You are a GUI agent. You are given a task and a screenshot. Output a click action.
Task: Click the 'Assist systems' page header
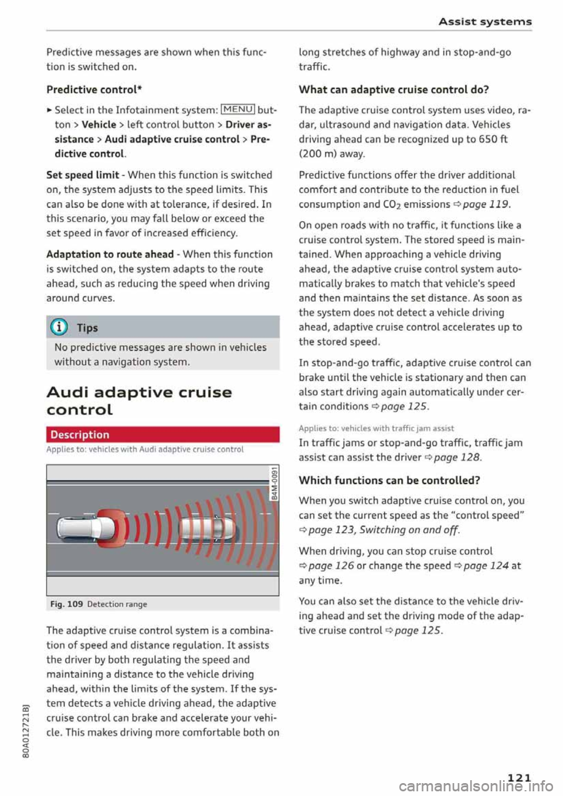coord(485,22)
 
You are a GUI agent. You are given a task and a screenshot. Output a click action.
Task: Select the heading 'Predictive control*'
coord(94,90)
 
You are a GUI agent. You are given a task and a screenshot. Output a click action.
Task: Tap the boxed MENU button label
coord(238,110)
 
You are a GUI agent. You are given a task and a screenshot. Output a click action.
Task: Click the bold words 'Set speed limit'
coord(83,175)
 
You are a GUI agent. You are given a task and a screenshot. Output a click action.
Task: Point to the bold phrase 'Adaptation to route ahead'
coord(110,254)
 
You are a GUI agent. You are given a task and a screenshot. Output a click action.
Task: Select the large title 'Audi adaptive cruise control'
coord(139,400)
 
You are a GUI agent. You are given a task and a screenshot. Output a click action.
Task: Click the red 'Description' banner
coord(162,434)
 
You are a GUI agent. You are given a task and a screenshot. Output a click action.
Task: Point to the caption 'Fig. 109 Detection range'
coord(99,604)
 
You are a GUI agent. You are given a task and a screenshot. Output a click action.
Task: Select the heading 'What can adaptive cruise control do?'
coord(394,90)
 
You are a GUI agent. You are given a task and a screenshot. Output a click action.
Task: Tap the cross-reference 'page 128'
coord(456,457)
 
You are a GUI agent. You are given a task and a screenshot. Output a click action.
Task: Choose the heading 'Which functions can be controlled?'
coord(389,481)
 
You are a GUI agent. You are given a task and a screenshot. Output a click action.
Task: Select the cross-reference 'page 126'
coord(331,566)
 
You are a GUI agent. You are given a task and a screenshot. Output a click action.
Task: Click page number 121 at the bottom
coord(518,778)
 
